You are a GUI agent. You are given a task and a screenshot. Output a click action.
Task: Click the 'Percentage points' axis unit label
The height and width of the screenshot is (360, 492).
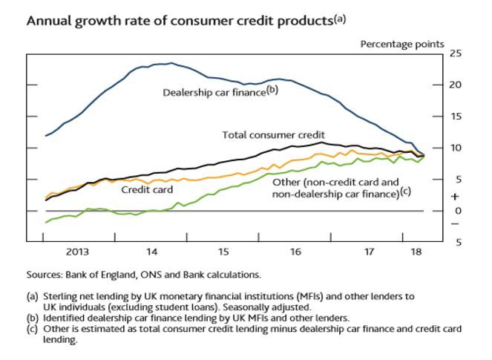click(x=402, y=44)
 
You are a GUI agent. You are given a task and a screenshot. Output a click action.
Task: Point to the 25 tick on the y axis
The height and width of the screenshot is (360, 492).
click(x=456, y=53)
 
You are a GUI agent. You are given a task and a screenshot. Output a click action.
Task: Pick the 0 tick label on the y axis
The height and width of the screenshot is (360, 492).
click(x=458, y=211)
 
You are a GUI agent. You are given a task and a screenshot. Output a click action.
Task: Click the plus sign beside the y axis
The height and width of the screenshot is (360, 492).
click(x=456, y=197)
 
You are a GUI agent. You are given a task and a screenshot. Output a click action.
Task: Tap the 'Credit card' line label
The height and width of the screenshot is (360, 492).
click(x=148, y=189)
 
